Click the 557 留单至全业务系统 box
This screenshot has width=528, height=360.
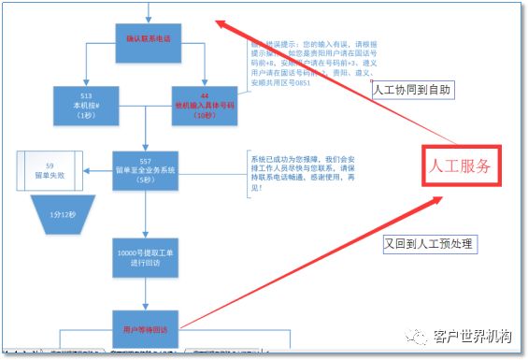pos(145,171)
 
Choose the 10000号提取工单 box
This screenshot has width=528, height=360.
pos(145,257)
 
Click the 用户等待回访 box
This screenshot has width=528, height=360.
pos(145,329)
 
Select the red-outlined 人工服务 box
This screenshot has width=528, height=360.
pos(460,167)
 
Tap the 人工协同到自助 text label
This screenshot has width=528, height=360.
pos(412,90)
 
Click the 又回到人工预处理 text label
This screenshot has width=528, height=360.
pos(429,244)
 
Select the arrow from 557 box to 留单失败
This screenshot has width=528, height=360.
pos(96,171)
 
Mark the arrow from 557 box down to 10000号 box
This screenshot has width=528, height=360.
pos(146,216)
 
